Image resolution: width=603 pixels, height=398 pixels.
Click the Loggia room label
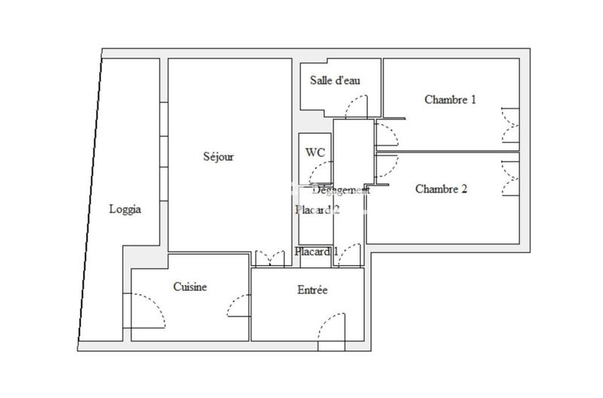(125, 210)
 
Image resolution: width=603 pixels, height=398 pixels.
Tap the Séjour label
(219, 157)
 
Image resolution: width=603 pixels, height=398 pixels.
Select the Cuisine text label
(190, 287)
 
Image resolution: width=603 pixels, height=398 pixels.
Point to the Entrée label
(312, 290)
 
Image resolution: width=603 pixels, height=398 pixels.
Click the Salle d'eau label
(335, 81)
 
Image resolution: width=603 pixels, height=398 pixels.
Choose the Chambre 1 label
(450, 99)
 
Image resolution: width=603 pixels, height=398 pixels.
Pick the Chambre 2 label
(441, 189)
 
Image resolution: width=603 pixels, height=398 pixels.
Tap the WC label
(315, 152)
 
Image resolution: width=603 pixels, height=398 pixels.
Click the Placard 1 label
(316, 251)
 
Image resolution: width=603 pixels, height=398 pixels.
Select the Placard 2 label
(316, 211)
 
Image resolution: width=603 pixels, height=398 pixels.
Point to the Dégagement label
(340, 191)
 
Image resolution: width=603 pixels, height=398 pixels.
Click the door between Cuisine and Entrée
(239, 306)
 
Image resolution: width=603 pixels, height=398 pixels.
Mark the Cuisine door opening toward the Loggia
(148, 310)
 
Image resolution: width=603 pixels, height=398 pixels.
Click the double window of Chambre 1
(509, 126)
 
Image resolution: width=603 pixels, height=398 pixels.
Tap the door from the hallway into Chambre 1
(386, 133)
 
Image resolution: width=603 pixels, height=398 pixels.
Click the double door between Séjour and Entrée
(268, 258)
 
